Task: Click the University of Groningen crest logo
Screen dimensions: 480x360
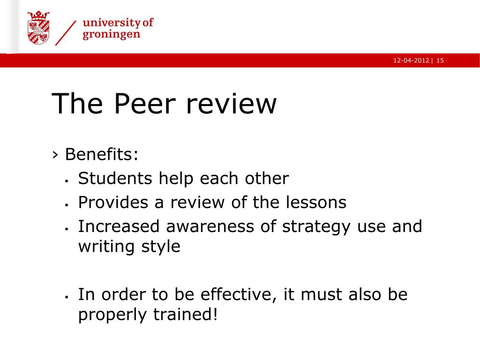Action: (38, 28)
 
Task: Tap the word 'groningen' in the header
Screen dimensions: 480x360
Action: (112, 34)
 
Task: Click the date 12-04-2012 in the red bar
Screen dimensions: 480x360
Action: (411, 60)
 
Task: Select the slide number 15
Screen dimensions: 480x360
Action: (440, 60)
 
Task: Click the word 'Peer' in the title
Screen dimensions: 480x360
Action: (145, 104)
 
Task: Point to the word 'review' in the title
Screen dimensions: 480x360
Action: (232, 104)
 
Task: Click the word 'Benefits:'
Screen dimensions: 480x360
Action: (102, 154)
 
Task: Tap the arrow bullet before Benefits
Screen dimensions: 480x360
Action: (55, 155)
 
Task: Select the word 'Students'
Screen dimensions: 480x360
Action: (115, 178)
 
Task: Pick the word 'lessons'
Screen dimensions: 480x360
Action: (316, 202)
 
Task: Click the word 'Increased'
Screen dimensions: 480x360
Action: (119, 226)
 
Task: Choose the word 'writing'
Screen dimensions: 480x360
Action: (106, 247)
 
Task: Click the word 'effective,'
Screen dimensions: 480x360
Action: (239, 295)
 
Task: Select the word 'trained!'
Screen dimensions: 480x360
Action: (186, 315)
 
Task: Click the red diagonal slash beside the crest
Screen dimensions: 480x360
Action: (66, 33)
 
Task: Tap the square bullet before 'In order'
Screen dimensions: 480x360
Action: (67, 297)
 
